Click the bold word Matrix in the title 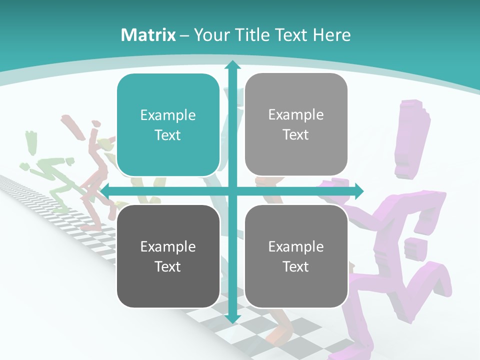(x=148, y=35)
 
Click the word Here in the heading (x=332, y=35)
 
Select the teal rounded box (x=168, y=125)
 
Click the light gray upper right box (x=296, y=124)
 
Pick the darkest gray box (x=168, y=256)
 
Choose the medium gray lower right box (x=296, y=256)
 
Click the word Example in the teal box (x=168, y=115)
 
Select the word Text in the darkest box (x=168, y=266)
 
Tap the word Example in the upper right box (x=296, y=115)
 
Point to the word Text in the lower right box (x=296, y=266)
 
